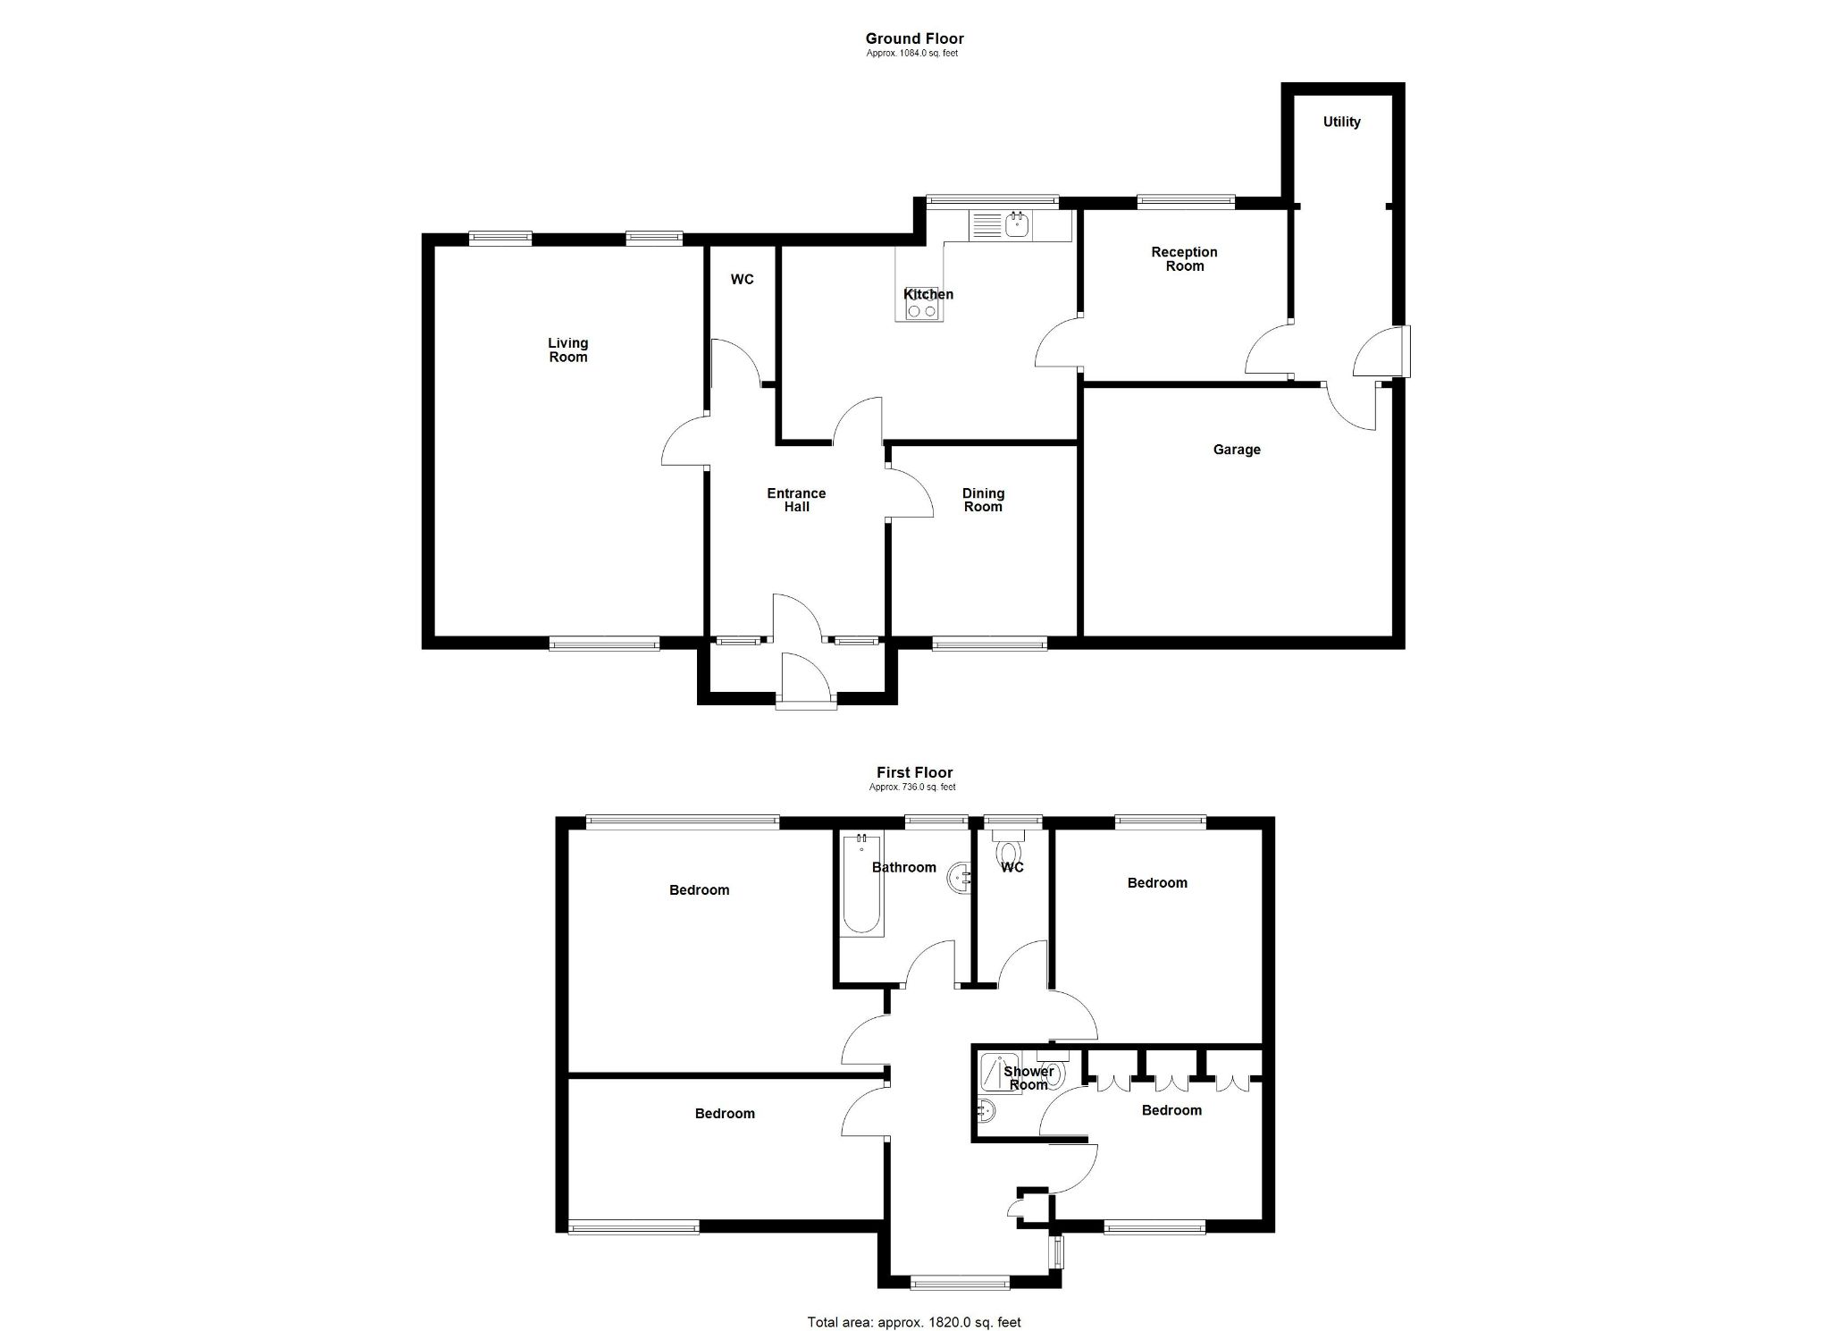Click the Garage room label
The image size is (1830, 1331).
[x=1237, y=450]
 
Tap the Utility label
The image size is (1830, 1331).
[x=1341, y=122]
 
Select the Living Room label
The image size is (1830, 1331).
[x=567, y=350]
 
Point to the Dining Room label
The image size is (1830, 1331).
[x=983, y=500]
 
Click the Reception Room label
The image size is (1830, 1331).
[x=1184, y=259]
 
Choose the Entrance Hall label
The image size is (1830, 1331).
[x=796, y=500]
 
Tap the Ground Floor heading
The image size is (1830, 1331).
[x=914, y=38]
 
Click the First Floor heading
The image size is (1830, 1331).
[x=914, y=772]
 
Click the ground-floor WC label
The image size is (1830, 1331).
[x=742, y=280]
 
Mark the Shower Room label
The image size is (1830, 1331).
[x=1028, y=1078]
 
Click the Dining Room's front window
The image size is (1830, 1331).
[x=989, y=643]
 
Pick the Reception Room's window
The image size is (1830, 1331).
[x=1186, y=202]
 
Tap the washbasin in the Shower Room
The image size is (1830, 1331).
[x=986, y=1111]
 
